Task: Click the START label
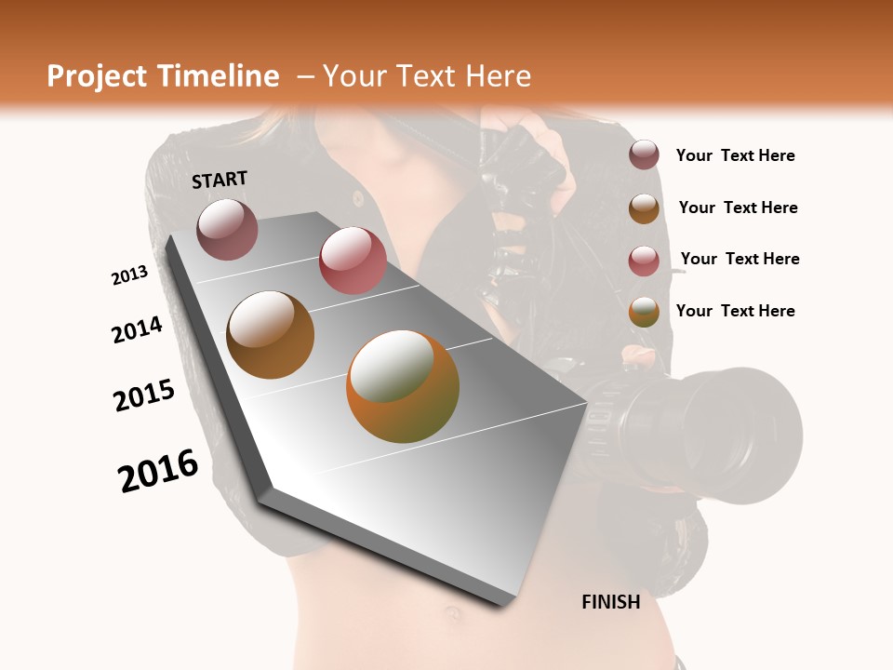[220, 180]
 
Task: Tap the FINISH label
[610, 602]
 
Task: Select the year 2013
[130, 275]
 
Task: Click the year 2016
[158, 471]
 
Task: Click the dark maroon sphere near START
[227, 229]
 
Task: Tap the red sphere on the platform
[353, 261]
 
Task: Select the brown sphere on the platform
[271, 335]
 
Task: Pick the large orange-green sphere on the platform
[403, 386]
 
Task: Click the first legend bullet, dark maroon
[644, 155]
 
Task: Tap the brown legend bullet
[644, 208]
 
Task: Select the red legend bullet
[644, 260]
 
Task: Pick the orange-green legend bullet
[644, 312]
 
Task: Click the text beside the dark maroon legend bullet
[735, 156]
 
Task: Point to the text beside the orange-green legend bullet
[735, 311]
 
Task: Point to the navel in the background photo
[453, 612]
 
